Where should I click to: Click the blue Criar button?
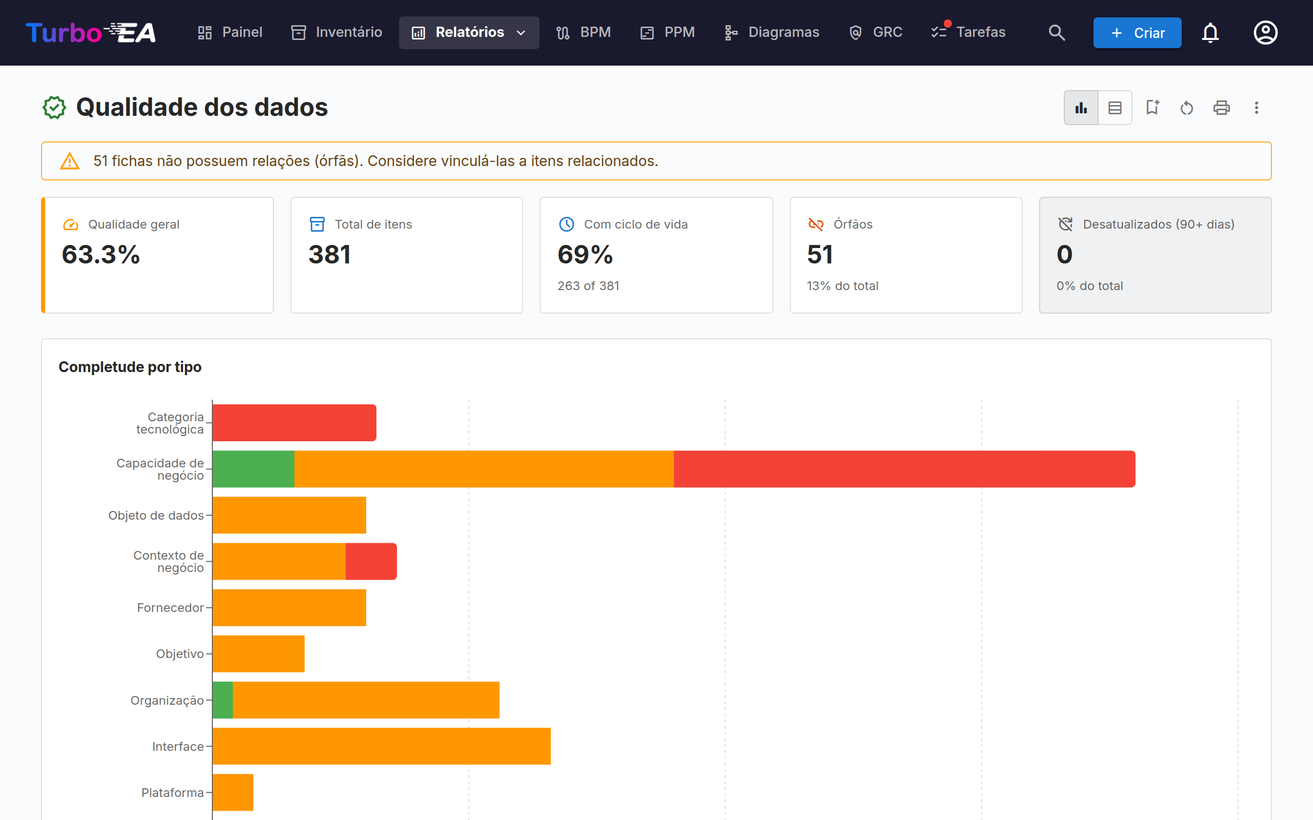[x=1137, y=32]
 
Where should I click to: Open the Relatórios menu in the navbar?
[x=469, y=32]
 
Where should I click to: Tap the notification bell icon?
[x=1210, y=32]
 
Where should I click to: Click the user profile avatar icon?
[x=1265, y=32]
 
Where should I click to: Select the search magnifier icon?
[x=1057, y=32]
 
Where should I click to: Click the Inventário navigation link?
[x=336, y=32]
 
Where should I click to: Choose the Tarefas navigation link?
[x=968, y=32]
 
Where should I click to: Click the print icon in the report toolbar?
[x=1221, y=108]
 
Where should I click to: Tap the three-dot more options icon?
[x=1256, y=108]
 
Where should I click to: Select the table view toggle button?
[x=1115, y=108]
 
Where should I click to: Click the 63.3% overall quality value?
[x=101, y=254]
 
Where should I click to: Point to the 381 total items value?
[x=329, y=254]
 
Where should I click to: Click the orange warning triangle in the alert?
[x=69, y=161]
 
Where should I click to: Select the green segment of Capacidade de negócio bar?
[x=253, y=469]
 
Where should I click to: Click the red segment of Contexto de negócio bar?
[x=371, y=561]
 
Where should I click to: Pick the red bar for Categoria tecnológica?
[x=294, y=422]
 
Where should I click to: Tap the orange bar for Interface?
[x=382, y=746]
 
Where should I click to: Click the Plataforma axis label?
[x=172, y=792]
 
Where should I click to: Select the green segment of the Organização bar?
[x=223, y=700]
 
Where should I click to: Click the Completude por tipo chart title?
[x=130, y=367]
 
